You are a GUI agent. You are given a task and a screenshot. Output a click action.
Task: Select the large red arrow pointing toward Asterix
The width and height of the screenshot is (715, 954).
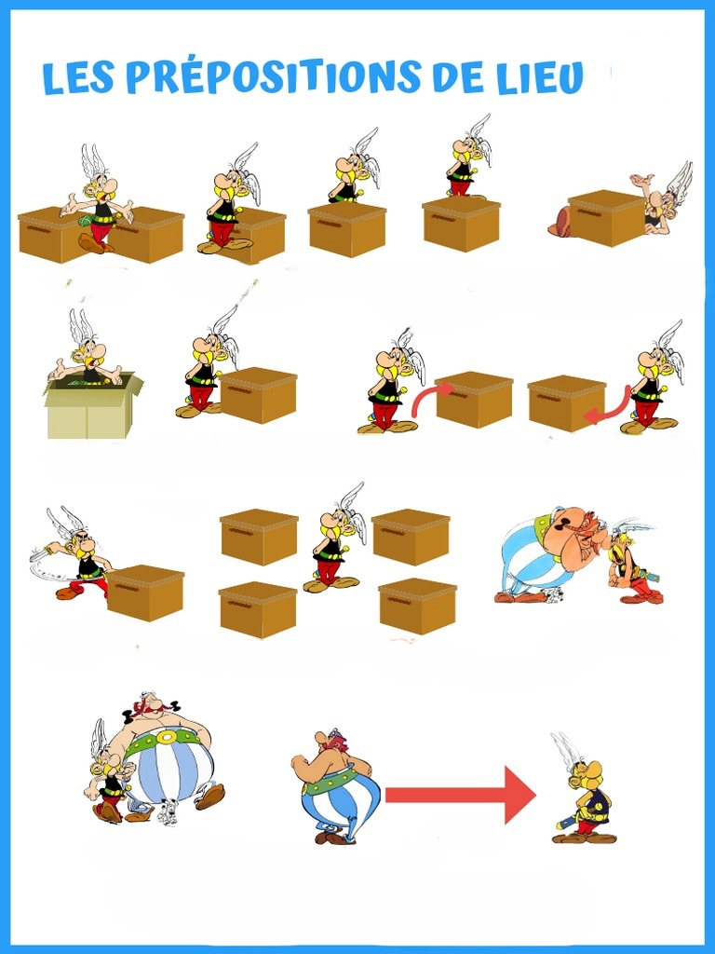coord(460,795)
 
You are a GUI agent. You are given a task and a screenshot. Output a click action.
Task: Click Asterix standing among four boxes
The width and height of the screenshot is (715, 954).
coord(334,539)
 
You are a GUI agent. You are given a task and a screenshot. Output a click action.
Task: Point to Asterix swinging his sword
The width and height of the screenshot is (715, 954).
coord(72,553)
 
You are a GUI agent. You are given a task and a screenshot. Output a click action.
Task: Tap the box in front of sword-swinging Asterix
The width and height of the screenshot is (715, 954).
coord(145,593)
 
